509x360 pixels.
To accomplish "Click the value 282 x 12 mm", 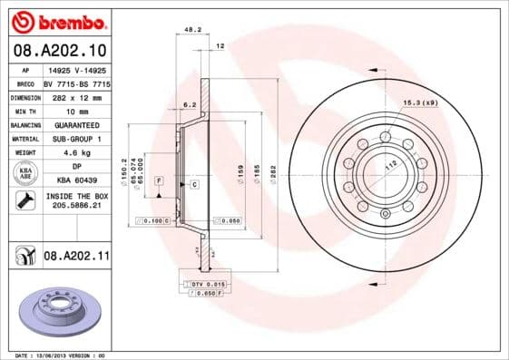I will [x=76, y=96].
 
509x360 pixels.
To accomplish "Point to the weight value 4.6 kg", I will [x=76, y=152].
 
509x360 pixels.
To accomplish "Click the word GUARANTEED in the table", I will [x=76, y=124].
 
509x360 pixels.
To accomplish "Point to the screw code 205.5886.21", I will [x=76, y=208].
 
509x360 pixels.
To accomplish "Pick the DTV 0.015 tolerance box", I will [x=207, y=285].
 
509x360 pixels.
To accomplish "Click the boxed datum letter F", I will [x=158, y=182].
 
